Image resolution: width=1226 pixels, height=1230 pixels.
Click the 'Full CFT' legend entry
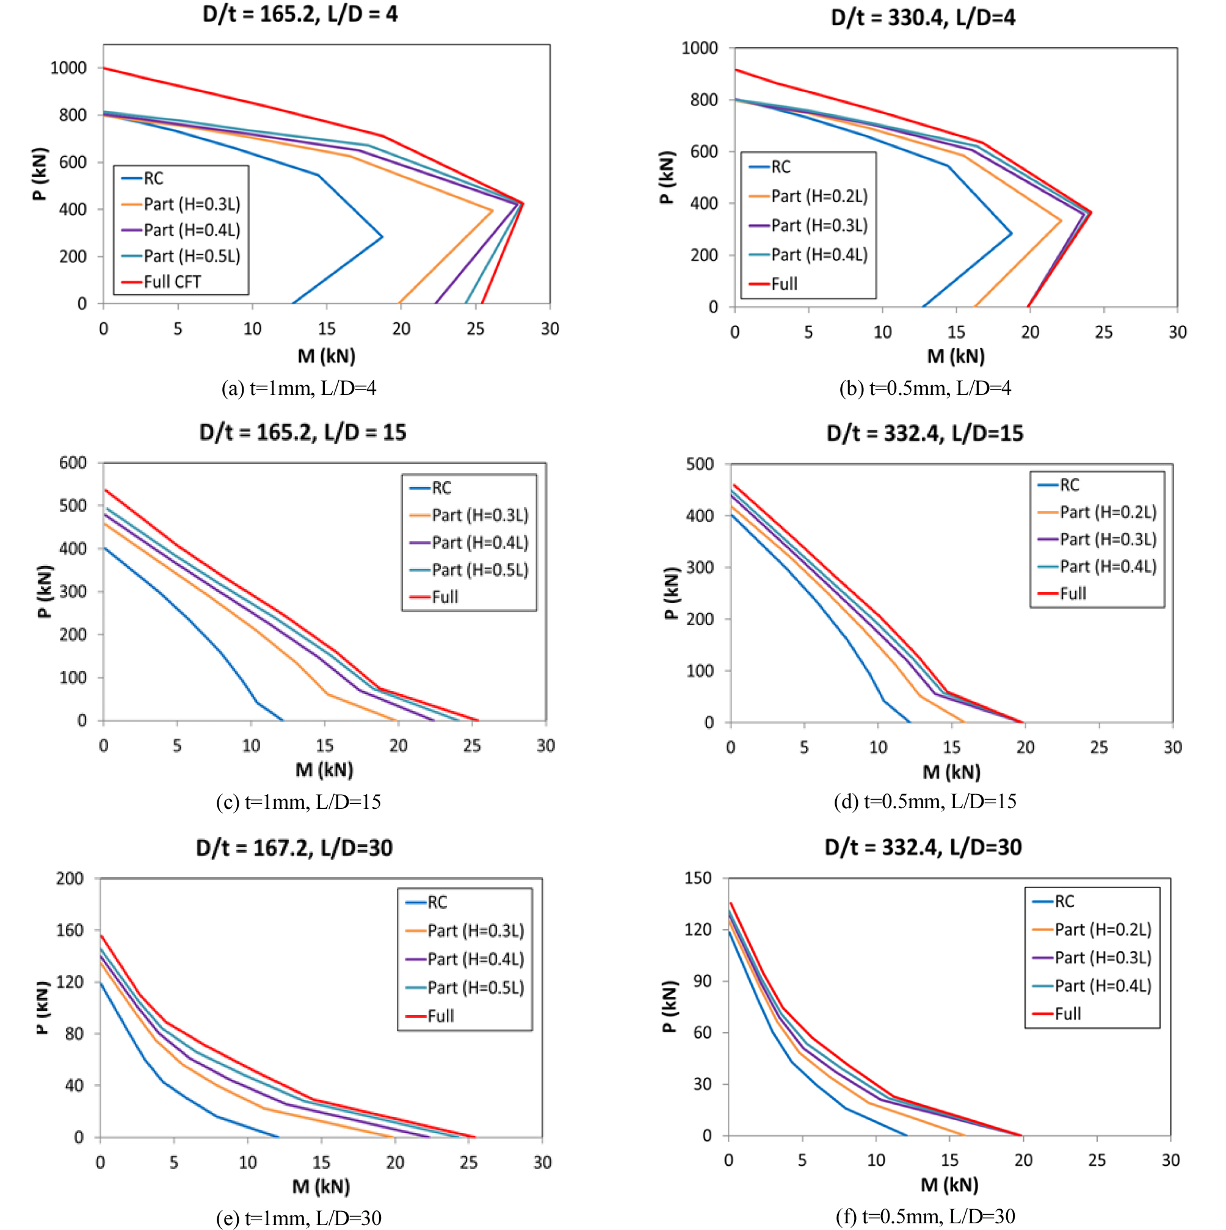point(172,282)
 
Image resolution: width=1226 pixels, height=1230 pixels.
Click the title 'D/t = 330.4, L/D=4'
point(923,17)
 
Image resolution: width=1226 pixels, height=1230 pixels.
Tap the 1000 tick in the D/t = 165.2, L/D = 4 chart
point(69,68)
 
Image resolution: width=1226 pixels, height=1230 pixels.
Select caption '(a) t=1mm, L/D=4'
point(299,388)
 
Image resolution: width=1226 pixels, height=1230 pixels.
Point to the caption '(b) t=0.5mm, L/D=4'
point(925,388)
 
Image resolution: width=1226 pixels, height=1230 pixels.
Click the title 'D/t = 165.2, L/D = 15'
point(302,432)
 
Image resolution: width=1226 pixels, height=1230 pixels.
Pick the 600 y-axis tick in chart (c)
point(73,463)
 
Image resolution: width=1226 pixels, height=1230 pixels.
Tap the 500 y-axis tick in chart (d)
point(700,464)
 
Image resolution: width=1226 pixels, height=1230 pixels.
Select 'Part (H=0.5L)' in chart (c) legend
point(479,570)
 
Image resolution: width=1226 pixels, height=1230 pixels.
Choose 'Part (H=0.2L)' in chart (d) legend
point(1108,513)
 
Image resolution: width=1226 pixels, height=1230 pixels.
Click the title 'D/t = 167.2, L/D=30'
point(294,848)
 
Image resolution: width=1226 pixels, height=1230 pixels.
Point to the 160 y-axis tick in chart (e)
point(70,930)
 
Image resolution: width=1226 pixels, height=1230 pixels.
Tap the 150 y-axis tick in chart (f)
point(698,878)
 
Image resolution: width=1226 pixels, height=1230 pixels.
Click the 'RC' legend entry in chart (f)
point(1064,902)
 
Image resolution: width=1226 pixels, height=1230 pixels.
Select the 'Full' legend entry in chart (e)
point(440,1016)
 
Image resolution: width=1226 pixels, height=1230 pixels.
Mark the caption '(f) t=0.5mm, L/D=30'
point(925,1217)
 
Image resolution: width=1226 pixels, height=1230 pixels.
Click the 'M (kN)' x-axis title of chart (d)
point(951,772)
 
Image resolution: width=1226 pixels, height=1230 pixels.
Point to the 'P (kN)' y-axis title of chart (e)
point(42,1008)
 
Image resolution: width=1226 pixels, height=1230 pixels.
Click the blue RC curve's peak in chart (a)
point(382,237)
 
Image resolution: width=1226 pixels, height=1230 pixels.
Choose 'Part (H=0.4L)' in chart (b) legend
point(819,255)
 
